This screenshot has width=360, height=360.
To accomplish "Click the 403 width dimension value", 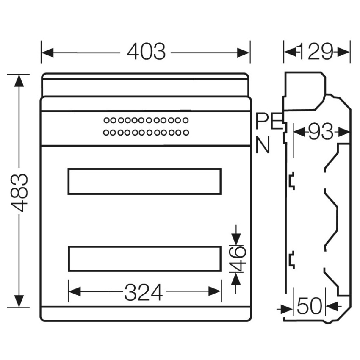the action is click(146, 51).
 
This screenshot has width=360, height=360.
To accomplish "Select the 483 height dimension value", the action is click(20, 192).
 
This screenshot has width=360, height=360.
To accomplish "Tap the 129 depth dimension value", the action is click(316, 51).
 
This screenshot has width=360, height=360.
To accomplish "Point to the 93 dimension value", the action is click(321, 132).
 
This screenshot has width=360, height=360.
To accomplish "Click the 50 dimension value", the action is click(310, 306).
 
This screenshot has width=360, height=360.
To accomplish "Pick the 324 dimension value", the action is click(144, 292).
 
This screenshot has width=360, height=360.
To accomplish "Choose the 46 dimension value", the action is click(238, 258).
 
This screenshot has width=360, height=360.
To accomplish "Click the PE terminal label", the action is click(269, 122).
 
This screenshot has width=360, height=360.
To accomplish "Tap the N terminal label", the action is click(263, 145).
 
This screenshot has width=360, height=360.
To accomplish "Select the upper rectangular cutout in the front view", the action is click(145, 169).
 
